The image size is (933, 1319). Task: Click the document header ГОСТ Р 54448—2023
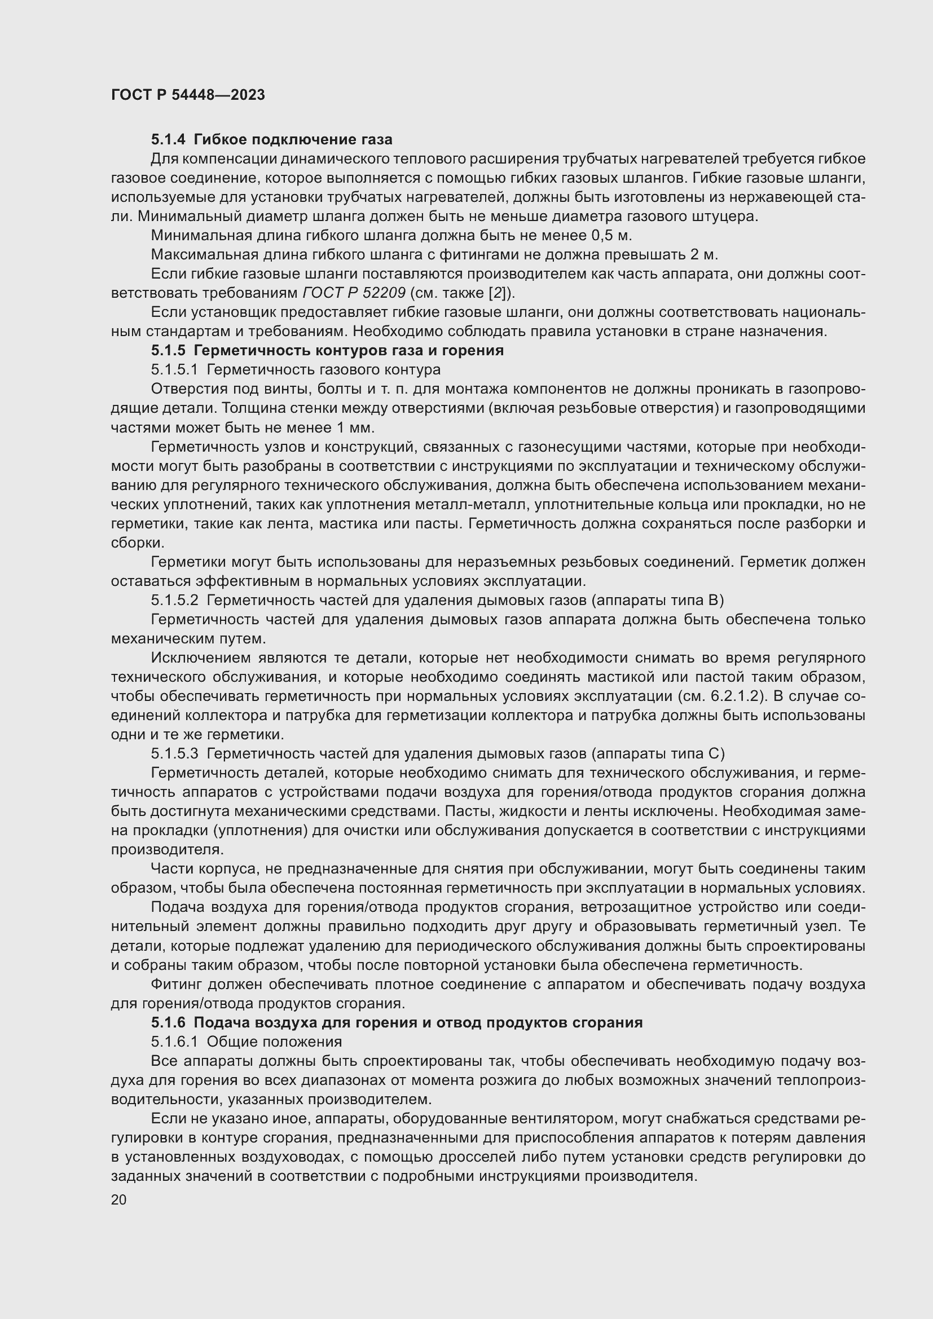188,95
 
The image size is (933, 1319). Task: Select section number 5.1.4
168,140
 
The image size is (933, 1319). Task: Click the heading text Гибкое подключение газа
293,140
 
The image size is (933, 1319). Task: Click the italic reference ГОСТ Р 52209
354,293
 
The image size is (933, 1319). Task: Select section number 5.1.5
168,350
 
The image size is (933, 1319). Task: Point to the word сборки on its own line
137,543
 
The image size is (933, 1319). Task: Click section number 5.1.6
168,1022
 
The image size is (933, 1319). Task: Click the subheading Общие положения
274,1042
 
